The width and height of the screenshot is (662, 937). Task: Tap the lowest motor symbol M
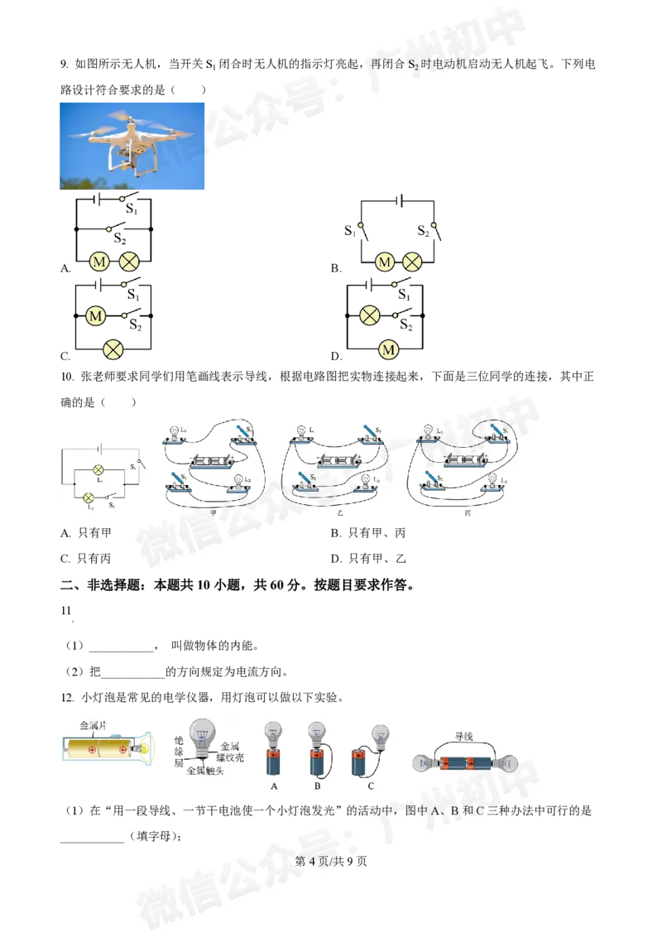[x=388, y=350]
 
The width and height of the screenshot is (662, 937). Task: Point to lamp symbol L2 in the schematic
[x=89, y=497]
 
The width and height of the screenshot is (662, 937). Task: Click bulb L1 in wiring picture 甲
[x=174, y=432]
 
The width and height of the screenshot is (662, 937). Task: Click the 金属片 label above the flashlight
[x=94, y=724]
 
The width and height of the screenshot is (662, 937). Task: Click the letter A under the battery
[x=274, y=786]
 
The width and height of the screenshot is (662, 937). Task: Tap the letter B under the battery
[x=317, y=786]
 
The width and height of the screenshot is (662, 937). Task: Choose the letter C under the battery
[x=371, y=786]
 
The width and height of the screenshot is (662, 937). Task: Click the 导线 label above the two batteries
[x=464, y=734]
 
